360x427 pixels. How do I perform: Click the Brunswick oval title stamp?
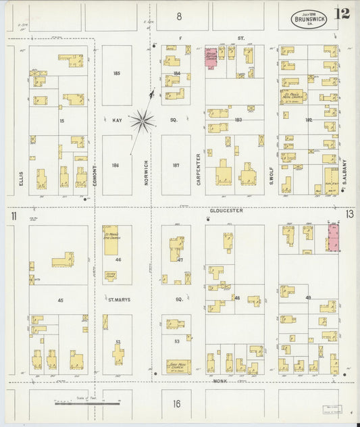pos(309,18)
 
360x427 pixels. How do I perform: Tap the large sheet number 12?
pos(341,14)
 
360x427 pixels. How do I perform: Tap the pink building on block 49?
pos(333,238)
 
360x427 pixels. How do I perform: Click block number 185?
pos(116,73)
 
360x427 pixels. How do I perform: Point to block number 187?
pos(176,165)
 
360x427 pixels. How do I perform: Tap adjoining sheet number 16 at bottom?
pos(176,405)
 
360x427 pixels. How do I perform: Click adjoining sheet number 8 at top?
pos(180,15)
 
